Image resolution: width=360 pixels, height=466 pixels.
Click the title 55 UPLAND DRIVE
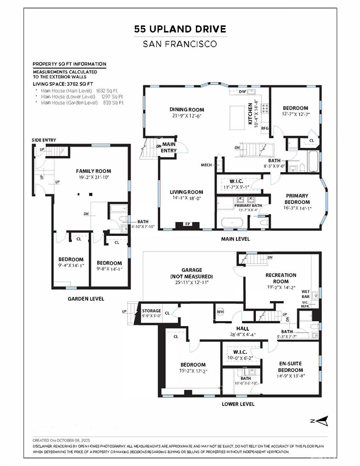pos(180,29)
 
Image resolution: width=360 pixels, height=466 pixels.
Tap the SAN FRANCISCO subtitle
pos(180,44)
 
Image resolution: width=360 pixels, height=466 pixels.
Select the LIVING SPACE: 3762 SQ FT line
pos(63,84)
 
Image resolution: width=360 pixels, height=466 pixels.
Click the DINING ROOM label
pos(187,110)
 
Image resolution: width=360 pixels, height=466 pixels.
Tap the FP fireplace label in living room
pos(187,224)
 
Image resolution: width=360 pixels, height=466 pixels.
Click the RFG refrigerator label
pos(265,128)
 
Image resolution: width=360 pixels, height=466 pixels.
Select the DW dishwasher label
pos(242,91)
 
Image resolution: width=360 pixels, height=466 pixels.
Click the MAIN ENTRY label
pos(169,147)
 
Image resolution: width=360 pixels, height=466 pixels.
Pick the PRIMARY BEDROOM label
pos(297,199)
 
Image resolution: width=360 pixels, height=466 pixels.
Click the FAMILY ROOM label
pos(93,171)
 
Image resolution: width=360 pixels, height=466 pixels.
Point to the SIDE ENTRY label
pos(44,140)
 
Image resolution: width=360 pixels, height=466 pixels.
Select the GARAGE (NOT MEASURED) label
pos(192,273)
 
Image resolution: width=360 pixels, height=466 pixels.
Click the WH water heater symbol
pos(220,312)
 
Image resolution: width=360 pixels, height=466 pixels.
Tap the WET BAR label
pos(306,294)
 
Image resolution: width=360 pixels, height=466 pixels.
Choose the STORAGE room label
pos(151,311)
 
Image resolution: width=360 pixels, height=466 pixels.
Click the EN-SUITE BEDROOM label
pos(290,367)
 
